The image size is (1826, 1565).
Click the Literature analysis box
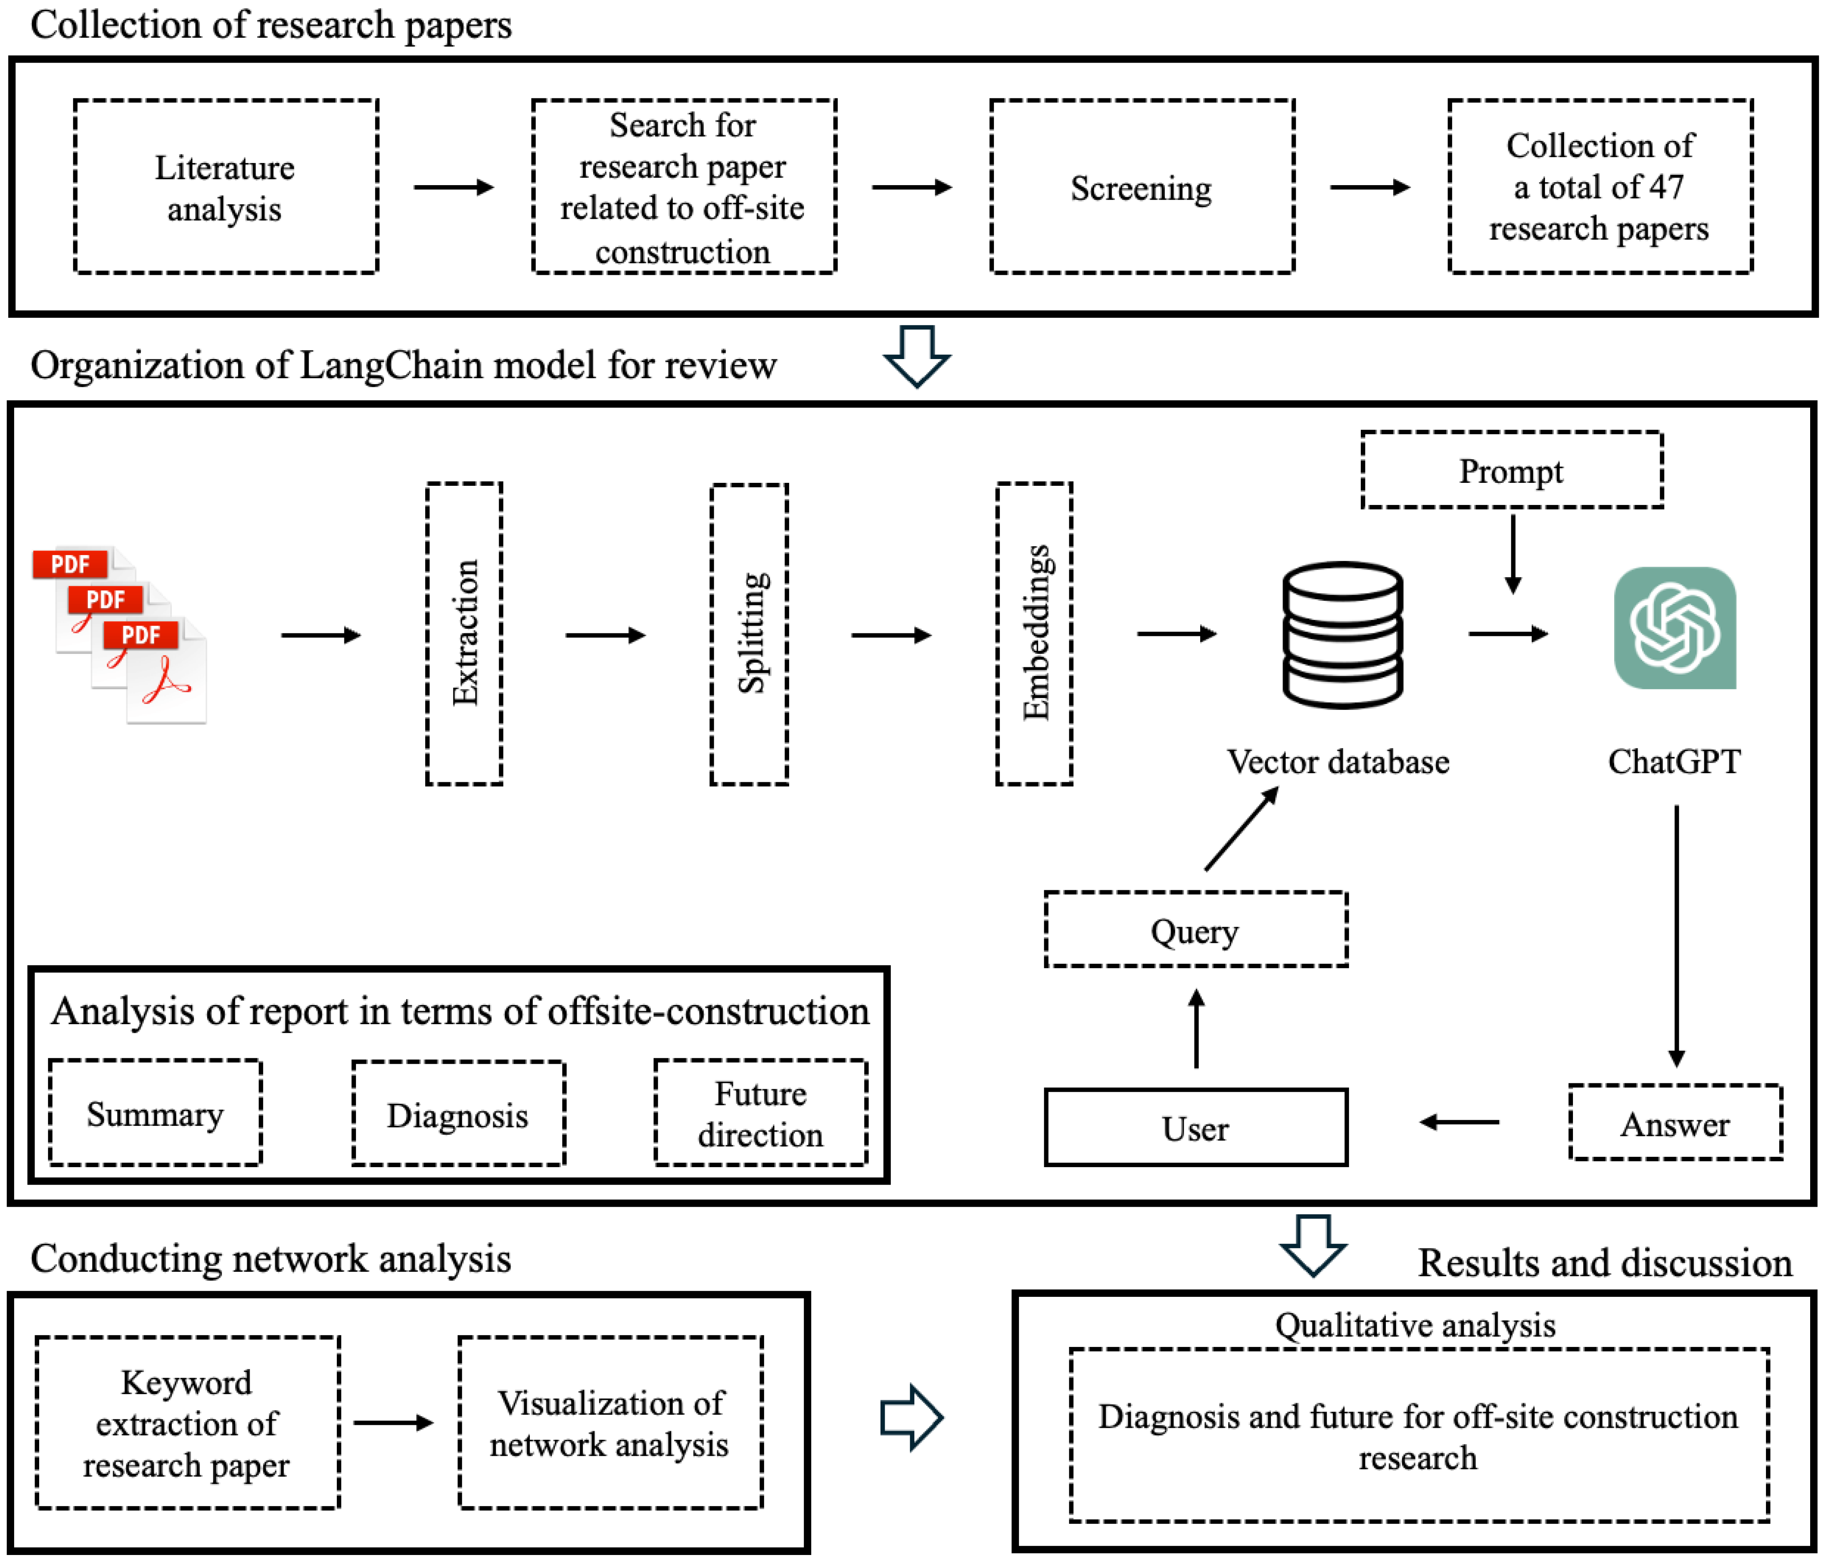pos(226,187)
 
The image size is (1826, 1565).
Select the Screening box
pos(1142,187)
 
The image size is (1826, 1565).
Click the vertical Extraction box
pos(464,633)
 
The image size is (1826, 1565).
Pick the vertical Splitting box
pos(749,633)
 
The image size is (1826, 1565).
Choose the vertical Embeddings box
pos(1035,633)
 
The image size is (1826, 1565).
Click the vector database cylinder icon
pos(1342,635)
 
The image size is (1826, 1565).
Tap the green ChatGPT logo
pos(1674,628)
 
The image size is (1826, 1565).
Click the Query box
pos(1196,930)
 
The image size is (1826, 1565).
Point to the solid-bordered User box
pos(1196,1128)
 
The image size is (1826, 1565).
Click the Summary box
pos(155,1113)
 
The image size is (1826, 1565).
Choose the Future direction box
pos(760,1113)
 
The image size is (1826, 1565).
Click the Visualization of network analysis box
pos(610,1423)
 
